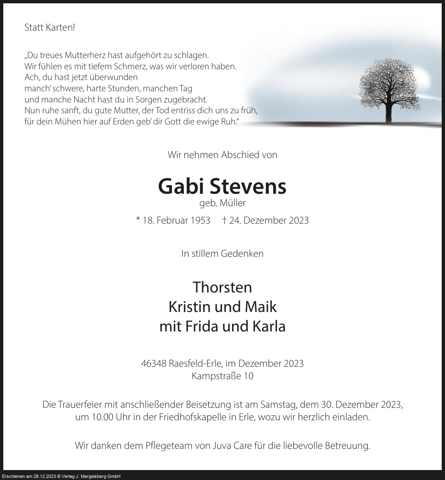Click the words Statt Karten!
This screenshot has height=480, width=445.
[50, 28]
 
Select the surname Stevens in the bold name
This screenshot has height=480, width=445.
[248, 186]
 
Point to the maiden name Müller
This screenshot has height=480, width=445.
[233, 203]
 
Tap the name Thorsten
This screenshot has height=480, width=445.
[222, 287]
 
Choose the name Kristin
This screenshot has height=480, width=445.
[188, 307]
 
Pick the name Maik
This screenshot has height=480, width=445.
[260, 307]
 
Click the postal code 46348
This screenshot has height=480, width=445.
[154, 363]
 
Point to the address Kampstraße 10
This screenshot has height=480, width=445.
[222, 376]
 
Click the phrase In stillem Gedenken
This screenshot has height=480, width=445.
[222, 253]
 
